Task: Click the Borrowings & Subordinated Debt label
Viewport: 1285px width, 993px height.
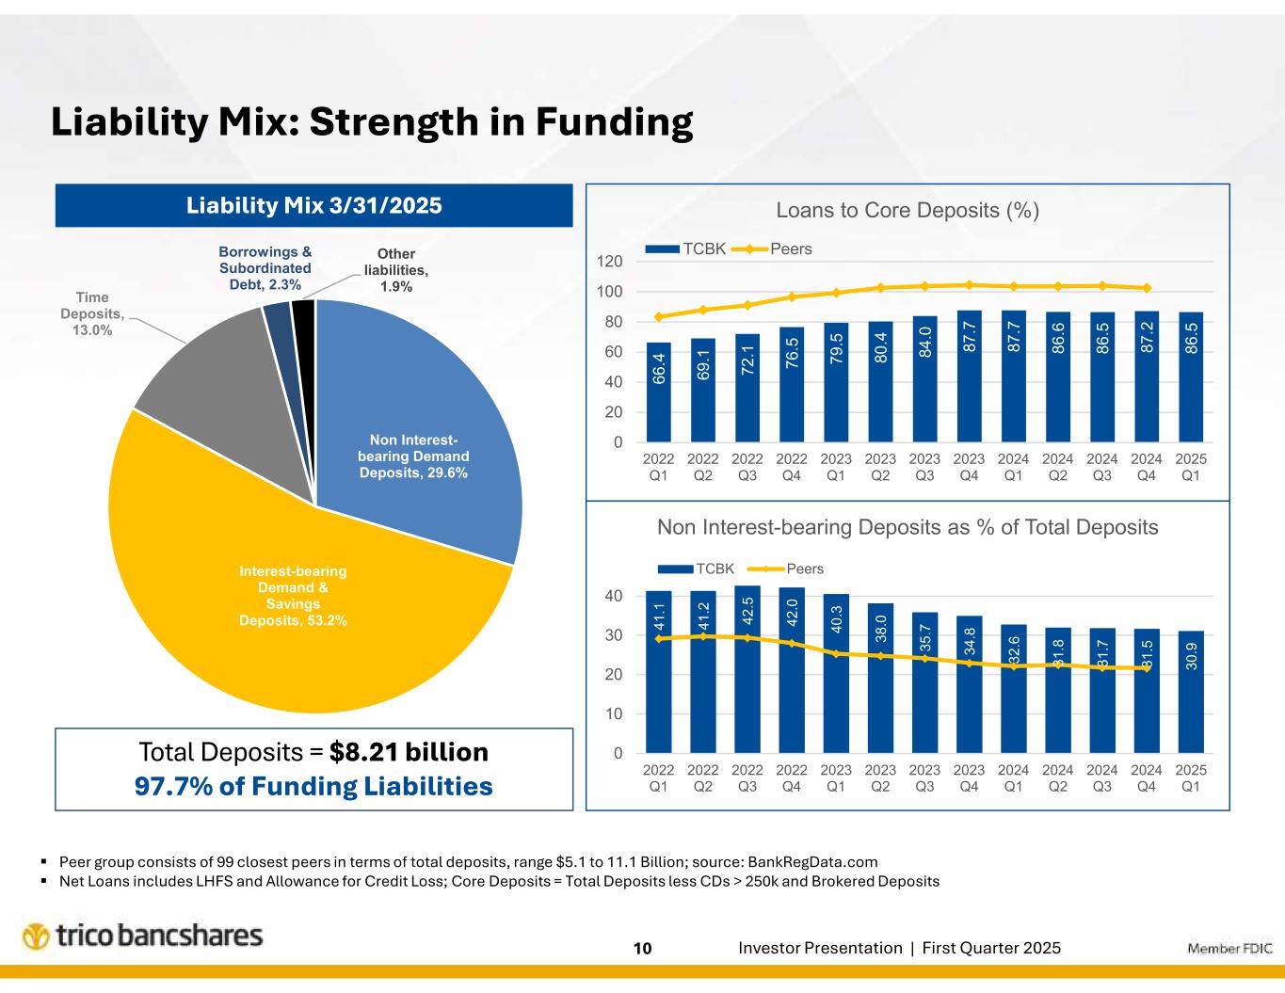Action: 265,268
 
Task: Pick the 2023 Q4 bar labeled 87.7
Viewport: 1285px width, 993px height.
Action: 969,376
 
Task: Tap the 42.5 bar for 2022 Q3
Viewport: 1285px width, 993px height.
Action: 747,669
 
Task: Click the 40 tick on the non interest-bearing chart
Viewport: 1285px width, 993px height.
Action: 612,596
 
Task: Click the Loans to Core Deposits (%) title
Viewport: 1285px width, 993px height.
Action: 908,210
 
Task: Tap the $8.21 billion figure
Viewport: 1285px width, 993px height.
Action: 410,752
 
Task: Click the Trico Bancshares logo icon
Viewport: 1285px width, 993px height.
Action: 36,937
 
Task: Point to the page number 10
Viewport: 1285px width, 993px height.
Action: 642,949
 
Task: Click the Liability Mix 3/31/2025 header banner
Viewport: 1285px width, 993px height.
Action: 313,205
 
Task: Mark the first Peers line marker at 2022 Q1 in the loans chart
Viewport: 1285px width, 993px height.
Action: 659,316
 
